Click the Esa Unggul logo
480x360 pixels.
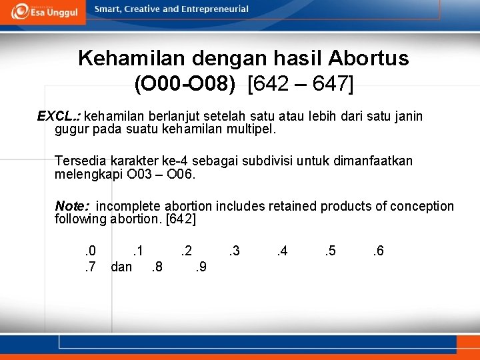pyautogui.click(x=44, y=11)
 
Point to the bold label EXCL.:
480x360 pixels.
pyautogui.click(x=59, y=117)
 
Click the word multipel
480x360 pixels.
pyautogui.click(x=251, y=129)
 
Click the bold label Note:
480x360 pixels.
pyautogui.click(x=72, y=207)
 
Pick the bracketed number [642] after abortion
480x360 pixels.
pyautogui.click(x=180, y=219)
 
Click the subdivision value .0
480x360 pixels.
pyautogui.click(x=90, y=251)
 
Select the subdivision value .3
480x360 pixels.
pyautogui.click(x=233, y=251)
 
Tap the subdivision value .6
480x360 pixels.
pyautogui.click(x=377, y=251)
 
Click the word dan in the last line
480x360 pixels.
pyautogui.click(x=121, y=267)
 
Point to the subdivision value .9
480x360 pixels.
pyautogui.click(x=199, y=267)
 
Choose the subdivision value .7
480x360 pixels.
pyautogui.click(x=90, y=267)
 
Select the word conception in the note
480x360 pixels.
pyautogui.click(x=420, y=207)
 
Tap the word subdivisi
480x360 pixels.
pyautogui.click(x=267, y=161)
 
